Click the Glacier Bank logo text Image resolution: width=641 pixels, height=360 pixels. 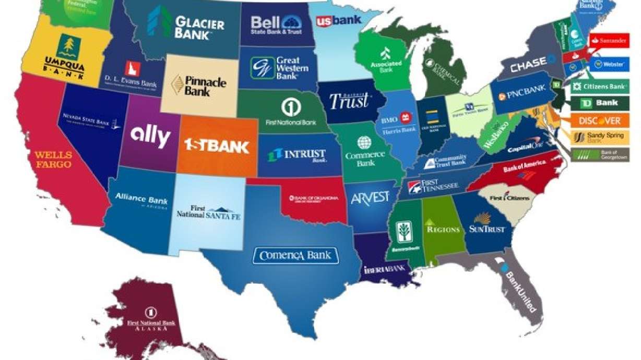pos(199,28)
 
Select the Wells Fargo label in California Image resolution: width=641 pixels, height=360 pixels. pos(53,159)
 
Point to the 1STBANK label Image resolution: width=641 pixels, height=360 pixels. pos(217,146)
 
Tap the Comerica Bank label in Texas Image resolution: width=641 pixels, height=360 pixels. pos(295,256)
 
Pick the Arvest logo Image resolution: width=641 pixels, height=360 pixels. pos(370,198)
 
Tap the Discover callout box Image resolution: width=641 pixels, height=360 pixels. pos(599,121)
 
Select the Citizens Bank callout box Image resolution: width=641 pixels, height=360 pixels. pos(599,86)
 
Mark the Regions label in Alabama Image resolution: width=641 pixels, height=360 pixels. pos(443,229)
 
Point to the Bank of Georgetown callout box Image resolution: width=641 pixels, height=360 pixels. pos(599,154)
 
